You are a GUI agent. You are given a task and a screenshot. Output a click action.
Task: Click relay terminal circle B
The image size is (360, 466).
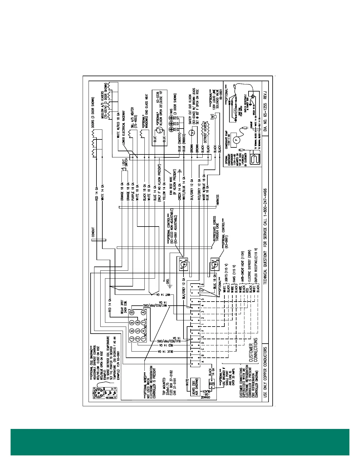click(x=132, y=312)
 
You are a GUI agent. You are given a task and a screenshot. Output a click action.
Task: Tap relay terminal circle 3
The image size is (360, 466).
click(x=132, y=339)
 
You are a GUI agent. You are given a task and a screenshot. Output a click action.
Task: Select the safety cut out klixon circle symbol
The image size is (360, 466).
click(x=192, y=133)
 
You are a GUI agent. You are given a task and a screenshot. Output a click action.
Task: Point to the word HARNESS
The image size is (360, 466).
click(x=218, y=200)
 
